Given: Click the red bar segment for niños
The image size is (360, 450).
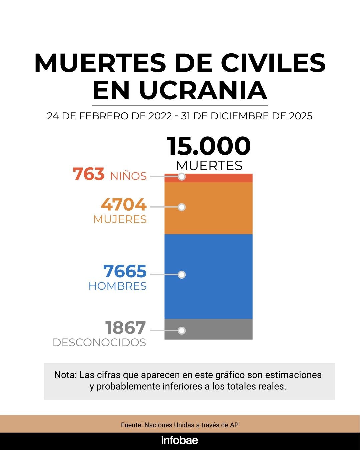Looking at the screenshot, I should (217, 178).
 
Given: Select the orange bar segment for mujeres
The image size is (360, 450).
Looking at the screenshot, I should (217, 208).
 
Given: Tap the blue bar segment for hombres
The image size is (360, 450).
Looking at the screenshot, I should (217, 277).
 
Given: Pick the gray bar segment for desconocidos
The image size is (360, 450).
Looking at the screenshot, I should (217, 329).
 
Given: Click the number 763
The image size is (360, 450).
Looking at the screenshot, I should (89, 174).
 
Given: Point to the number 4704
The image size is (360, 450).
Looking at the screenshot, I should (124, 204).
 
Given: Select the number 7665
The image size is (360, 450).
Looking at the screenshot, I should (125, 271).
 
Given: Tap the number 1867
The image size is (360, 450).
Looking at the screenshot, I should (126, 328).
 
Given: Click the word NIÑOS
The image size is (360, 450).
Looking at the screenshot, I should (128, 176).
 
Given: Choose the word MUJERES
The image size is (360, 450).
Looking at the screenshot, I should (120, 219).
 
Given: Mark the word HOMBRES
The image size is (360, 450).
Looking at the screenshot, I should (118, 286).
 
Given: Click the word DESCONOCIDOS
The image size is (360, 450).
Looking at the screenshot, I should (99, 342).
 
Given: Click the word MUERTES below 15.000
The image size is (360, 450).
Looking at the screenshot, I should (209, 166).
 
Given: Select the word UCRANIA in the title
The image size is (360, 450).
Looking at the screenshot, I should (203, 90).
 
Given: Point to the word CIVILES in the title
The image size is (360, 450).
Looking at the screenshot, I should (273, 63).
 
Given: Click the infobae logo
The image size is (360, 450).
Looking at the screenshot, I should (180, 440).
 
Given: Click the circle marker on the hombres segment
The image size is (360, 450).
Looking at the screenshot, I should (182, 275).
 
